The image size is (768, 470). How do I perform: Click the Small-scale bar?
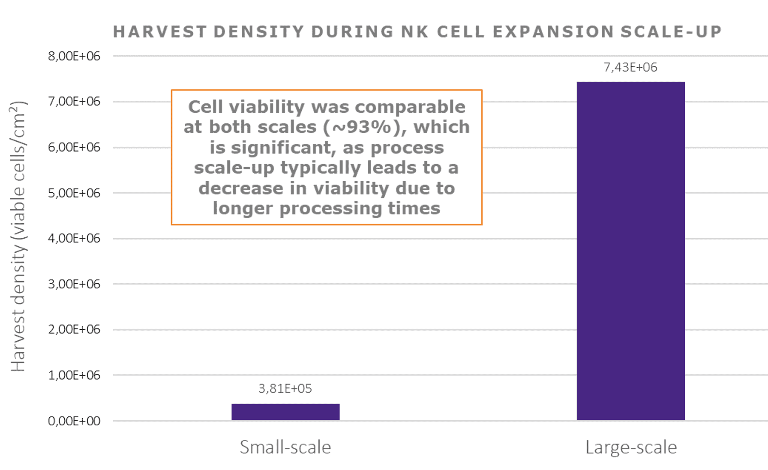[285, 412]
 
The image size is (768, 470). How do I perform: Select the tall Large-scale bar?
[630, 251]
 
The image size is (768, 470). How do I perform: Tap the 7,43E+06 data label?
[630, 67]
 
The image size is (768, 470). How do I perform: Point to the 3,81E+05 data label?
[285, 389]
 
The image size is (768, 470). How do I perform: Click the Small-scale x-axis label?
[285, 447]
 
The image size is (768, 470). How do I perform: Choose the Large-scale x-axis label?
[631, 447]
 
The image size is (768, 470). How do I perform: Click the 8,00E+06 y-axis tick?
[74, 56]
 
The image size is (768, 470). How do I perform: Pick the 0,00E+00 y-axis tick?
[74, 421]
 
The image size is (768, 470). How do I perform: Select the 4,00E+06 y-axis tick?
[74, 238]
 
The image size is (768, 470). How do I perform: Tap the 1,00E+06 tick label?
[74, 375]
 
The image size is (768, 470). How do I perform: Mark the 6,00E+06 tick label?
[74, 147]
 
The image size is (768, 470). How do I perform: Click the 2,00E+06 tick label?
[74, 329]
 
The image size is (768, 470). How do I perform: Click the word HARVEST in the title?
[160, 32]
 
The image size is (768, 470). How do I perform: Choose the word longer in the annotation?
[243, 209]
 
